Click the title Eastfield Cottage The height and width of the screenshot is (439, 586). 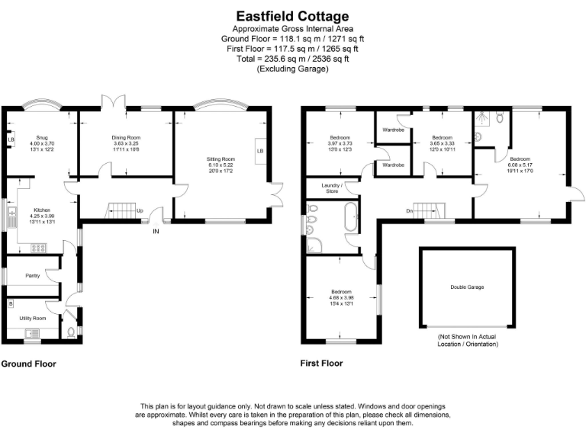(x=292, y=15)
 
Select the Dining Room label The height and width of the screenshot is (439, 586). (x=127, y=138)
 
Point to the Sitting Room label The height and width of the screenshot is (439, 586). (x=221, y=159)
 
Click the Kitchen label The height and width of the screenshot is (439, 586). (x=41, y=209)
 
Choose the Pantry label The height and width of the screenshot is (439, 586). (x=33, y=275)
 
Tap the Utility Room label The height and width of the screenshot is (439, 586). (x=33, y=318)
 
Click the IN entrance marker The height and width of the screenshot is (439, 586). (x=156, y=230)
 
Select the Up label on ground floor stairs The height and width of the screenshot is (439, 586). (x=140, y=210)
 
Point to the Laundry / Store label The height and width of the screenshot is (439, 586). (x=330, y=188)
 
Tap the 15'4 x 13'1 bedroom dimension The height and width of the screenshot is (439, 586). (x=341, y=303)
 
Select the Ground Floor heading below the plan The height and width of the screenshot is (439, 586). (x=28, y=364)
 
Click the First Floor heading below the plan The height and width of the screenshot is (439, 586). (x=324, y=364)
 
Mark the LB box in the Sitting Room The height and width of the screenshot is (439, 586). (x=260, y=151)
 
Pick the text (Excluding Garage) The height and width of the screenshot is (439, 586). (x=292, y=69)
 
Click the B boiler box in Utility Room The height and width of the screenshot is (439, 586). (x=10, y=303)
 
